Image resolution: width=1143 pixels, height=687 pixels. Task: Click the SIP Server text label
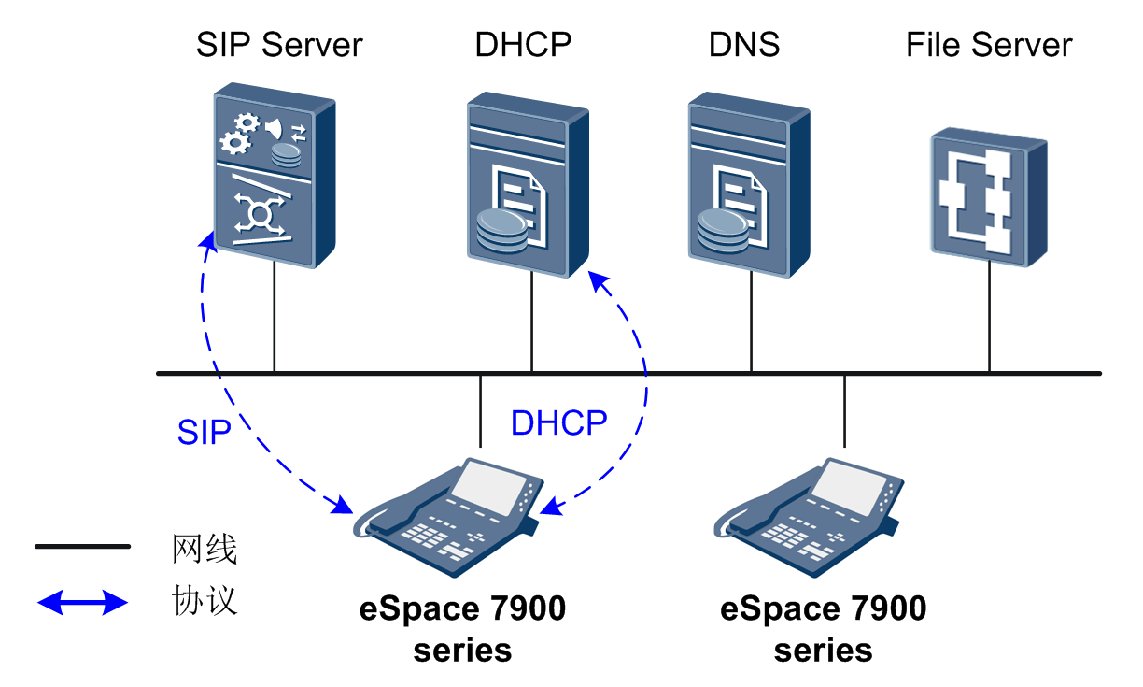(x=279, y=45)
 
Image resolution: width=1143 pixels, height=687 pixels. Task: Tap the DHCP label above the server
(x=523, y=45)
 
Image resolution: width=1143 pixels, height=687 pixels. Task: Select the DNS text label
(x=744, y=45)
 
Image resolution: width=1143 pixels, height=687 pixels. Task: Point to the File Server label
(x=989, y=45)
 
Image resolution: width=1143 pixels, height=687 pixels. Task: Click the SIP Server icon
(x=275, y=175)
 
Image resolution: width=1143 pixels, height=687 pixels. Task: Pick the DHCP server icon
(x=529, y=184)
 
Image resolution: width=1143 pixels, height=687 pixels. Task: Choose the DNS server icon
(x=749, y=184)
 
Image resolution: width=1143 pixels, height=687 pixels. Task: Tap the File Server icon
(x=989, y=197)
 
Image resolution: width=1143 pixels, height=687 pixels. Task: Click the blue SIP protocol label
(x=205, y=433)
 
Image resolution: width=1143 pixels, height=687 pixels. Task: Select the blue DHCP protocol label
(x=559, y=422)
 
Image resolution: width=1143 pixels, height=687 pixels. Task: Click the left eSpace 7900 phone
(x=448, y=518)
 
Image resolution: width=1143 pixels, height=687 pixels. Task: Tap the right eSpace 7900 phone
(x=809, y=518)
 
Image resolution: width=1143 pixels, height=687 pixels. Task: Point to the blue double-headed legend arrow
(x=83, y=602)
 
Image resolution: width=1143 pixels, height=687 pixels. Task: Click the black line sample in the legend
(x=83, y=546)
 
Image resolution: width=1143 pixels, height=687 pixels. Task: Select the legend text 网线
(x=205, y=549)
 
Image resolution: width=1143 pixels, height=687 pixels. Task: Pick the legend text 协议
(x=205, y=600)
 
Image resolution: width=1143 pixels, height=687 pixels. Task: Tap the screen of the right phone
(x=850, y=487)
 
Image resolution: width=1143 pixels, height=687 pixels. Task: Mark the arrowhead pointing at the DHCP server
(x=600, y=281)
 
